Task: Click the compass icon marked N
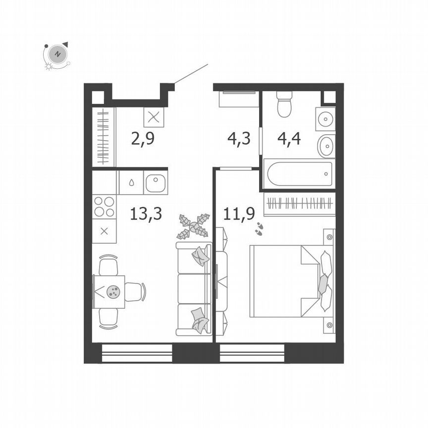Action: (57, 54)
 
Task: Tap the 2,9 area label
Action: (143, 138)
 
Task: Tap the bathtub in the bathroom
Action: (298, 173)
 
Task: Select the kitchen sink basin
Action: (156, 183)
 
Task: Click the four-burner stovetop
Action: (104, 206)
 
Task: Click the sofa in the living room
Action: (194, 289)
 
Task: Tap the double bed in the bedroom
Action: (290, 281)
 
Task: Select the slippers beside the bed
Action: (259, 228)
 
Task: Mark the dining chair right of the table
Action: (135, 291)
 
